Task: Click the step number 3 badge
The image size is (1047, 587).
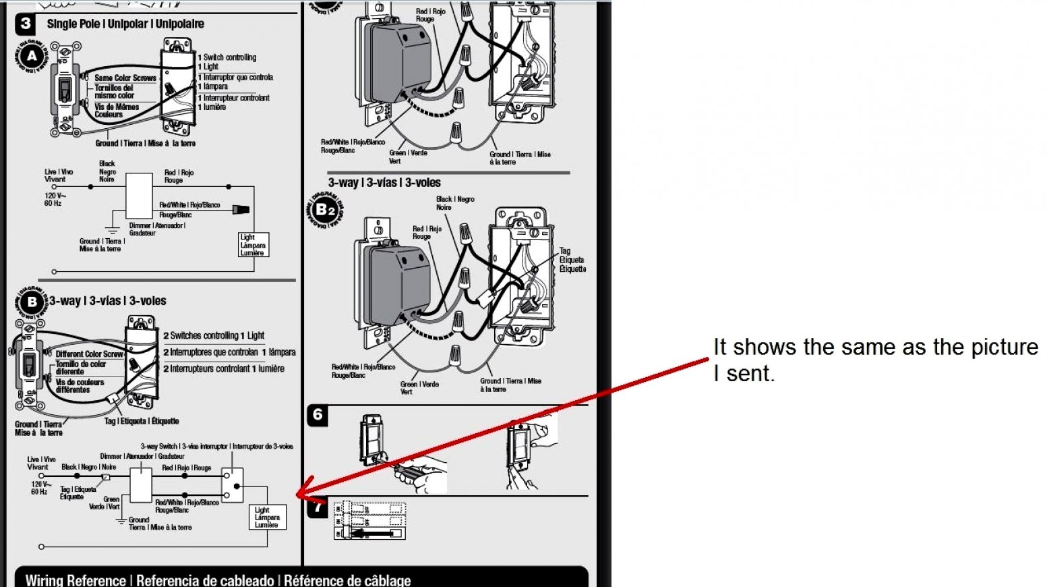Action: pos(26,24)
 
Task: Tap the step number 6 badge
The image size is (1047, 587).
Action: pos(318,415)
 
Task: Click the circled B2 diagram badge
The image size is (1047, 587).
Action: pos(325,210)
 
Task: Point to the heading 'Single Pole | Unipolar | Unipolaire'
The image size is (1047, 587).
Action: pos(125,24)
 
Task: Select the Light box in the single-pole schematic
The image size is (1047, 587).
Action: pos(253,245)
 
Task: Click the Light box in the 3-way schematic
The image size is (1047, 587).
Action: pos(268,518)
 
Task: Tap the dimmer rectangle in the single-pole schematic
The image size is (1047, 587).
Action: pos(140,196)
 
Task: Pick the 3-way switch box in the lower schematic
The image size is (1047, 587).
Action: pos(233,486)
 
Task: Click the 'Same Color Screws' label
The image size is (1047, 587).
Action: pos(125,78)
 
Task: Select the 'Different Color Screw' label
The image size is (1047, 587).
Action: pos(89,354)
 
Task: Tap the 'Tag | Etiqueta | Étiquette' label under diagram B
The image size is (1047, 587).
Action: pos(142,421)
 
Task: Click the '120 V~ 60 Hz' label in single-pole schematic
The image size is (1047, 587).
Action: pos(54,199)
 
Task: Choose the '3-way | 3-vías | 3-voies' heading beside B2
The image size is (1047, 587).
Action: pos(384,183)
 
